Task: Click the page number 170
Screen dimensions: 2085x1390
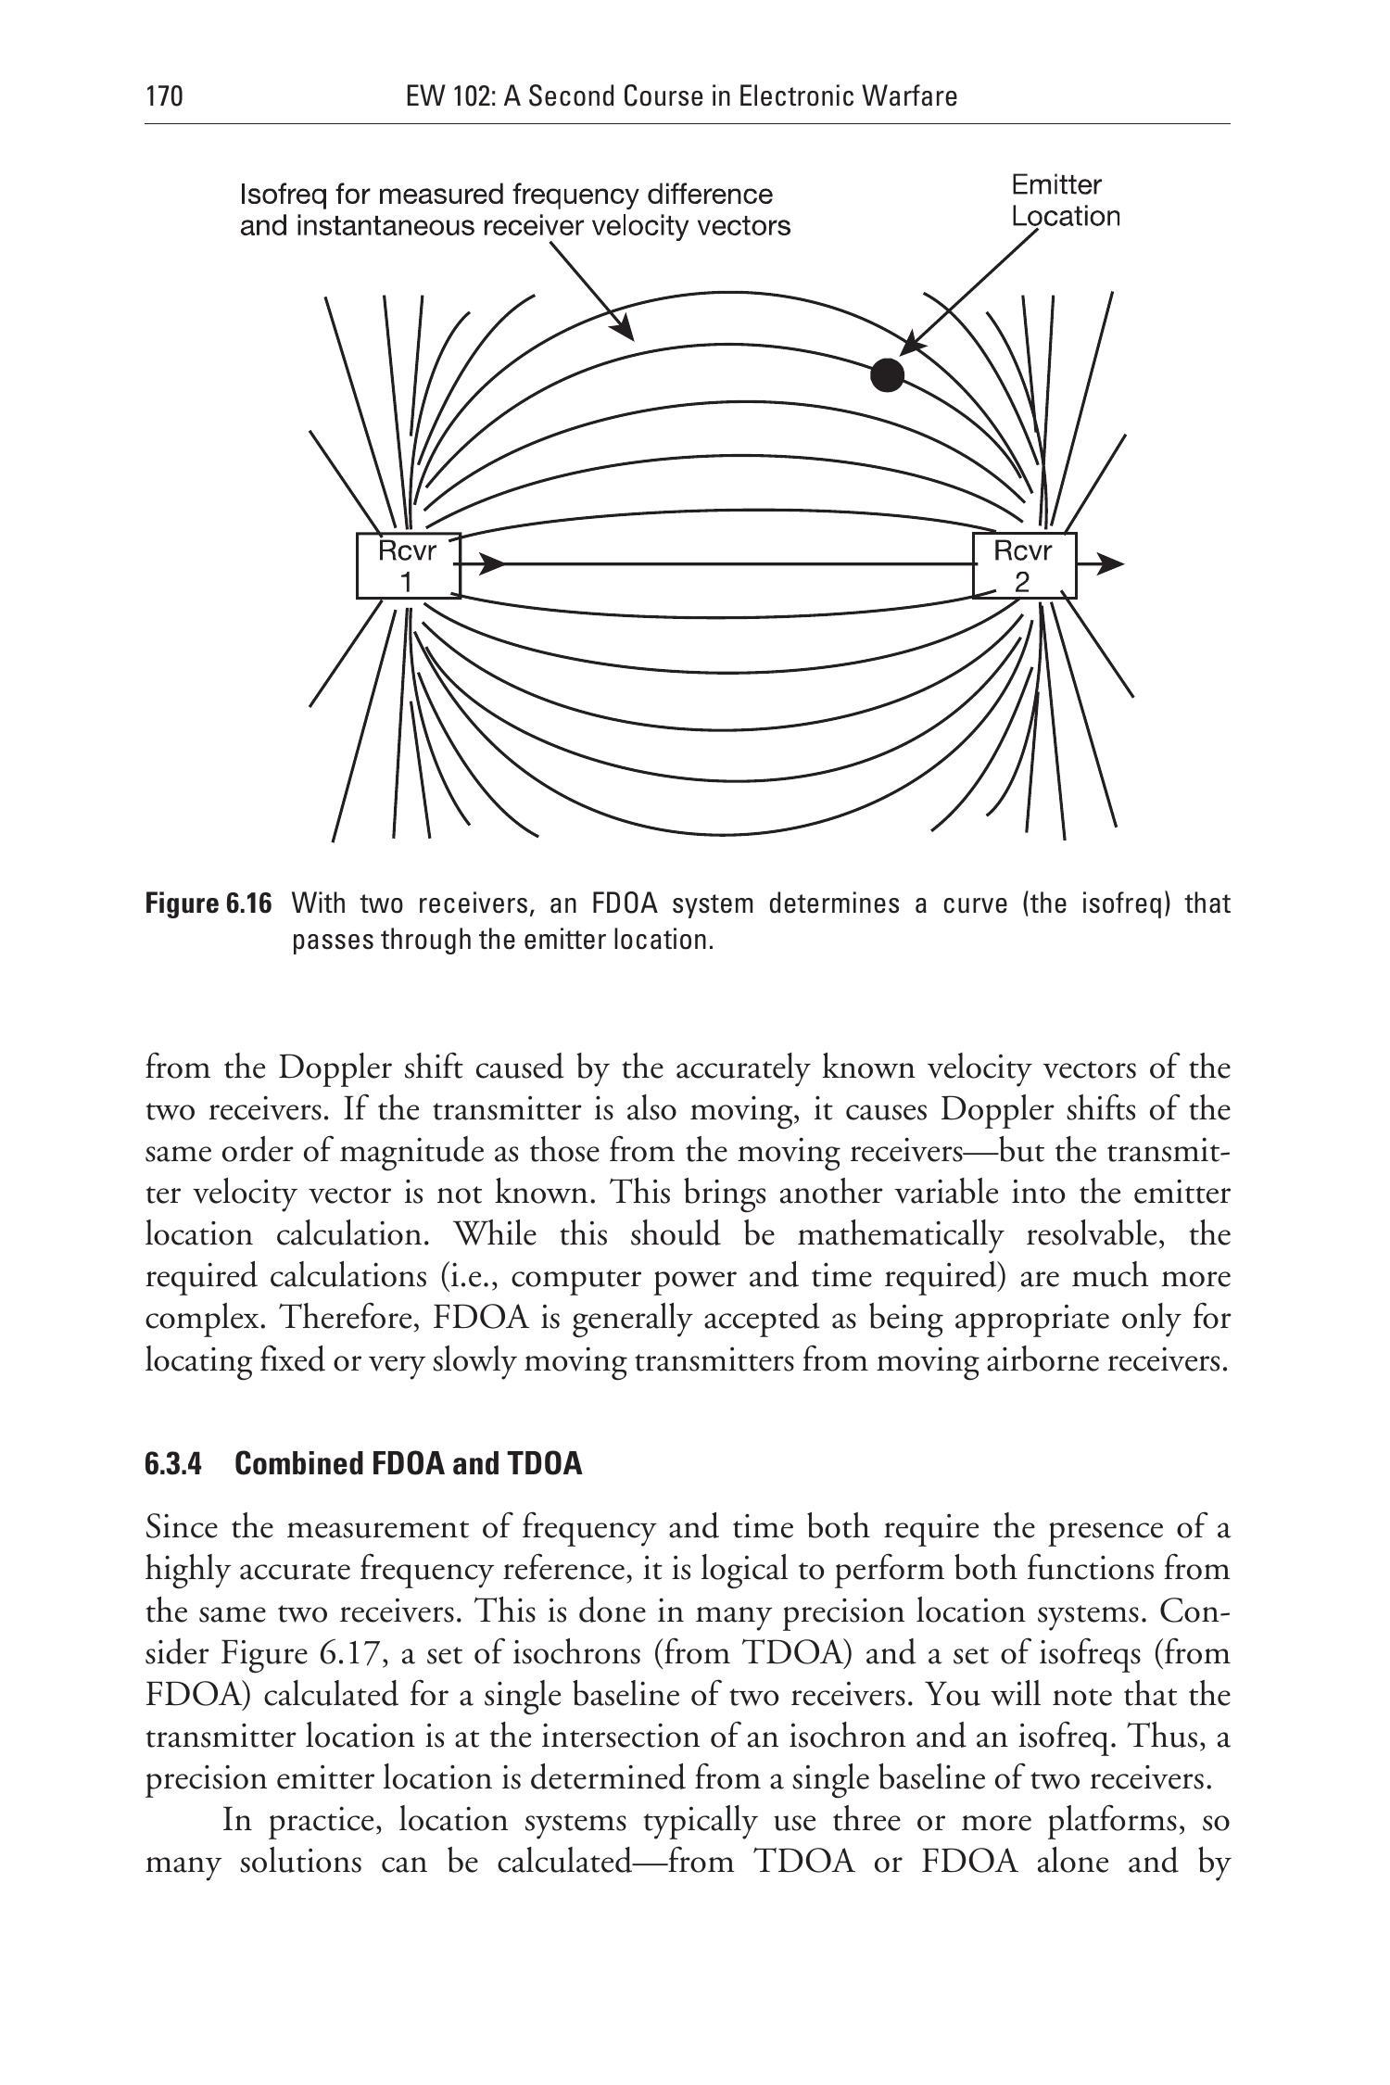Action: point(164,96)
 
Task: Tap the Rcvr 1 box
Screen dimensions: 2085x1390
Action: point(408,565)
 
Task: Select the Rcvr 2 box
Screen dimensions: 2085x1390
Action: point(1023,565)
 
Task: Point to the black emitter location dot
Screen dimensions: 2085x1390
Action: point(888,374)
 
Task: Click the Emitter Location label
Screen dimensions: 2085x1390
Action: point(1064,201)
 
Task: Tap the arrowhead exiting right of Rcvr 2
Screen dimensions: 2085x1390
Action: point(1112,563)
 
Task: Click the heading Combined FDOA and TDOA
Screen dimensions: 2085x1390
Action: point(409,1464)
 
